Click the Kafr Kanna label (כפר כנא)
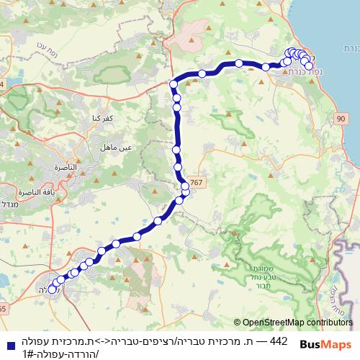95,117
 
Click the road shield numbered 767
199,184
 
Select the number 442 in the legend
279,338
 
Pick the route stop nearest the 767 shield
186,187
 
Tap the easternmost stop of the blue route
309,66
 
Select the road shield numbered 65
2,308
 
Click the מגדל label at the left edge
7,196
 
